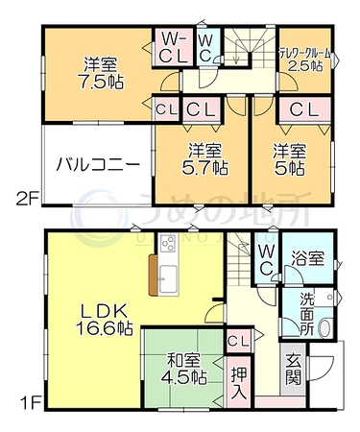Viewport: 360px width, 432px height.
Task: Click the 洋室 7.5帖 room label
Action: coord(100,73)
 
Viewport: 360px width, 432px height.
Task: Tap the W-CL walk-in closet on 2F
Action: coord(173,47)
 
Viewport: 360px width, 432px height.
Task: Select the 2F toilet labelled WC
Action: coord(208,47)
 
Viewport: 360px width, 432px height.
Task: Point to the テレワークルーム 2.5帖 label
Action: coord(305,60)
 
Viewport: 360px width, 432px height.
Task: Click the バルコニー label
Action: coord(98,165)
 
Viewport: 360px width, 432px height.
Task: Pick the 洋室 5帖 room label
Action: coord(290,159)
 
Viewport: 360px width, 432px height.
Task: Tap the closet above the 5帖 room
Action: coord(304,110)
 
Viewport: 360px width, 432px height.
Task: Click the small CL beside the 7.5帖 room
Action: coord(167,110)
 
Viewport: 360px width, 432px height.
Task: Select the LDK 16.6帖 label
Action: coord(105,320)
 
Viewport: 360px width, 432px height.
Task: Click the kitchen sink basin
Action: coord(168,278)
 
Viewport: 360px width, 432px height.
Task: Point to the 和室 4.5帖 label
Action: coord(184,369)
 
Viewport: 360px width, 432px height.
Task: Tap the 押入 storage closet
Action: coord(240,382)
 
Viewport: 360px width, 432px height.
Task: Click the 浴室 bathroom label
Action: coord(308,258)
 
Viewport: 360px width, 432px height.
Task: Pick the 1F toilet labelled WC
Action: coord(266,259)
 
